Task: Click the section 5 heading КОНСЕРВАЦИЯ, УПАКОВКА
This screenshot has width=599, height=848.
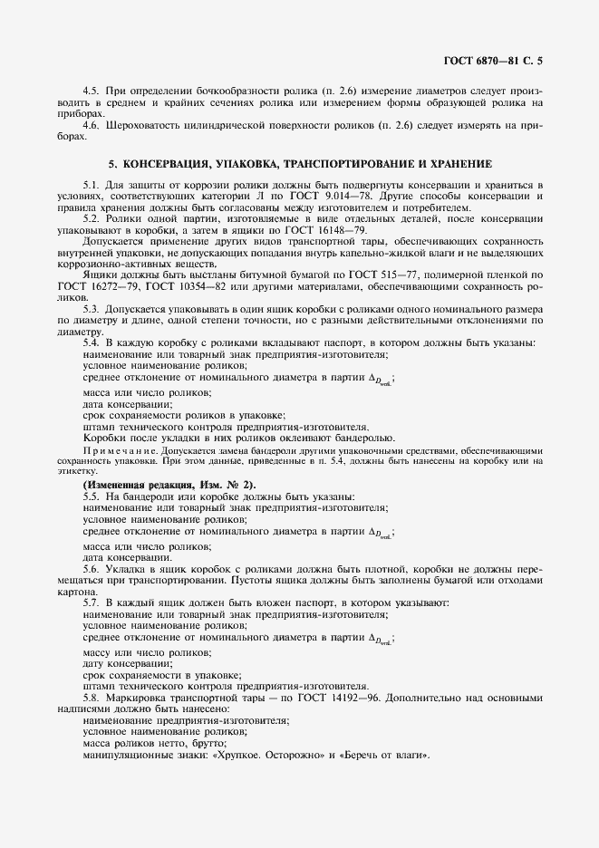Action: [300, 164]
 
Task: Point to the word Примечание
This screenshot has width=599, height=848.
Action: [112, 449]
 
